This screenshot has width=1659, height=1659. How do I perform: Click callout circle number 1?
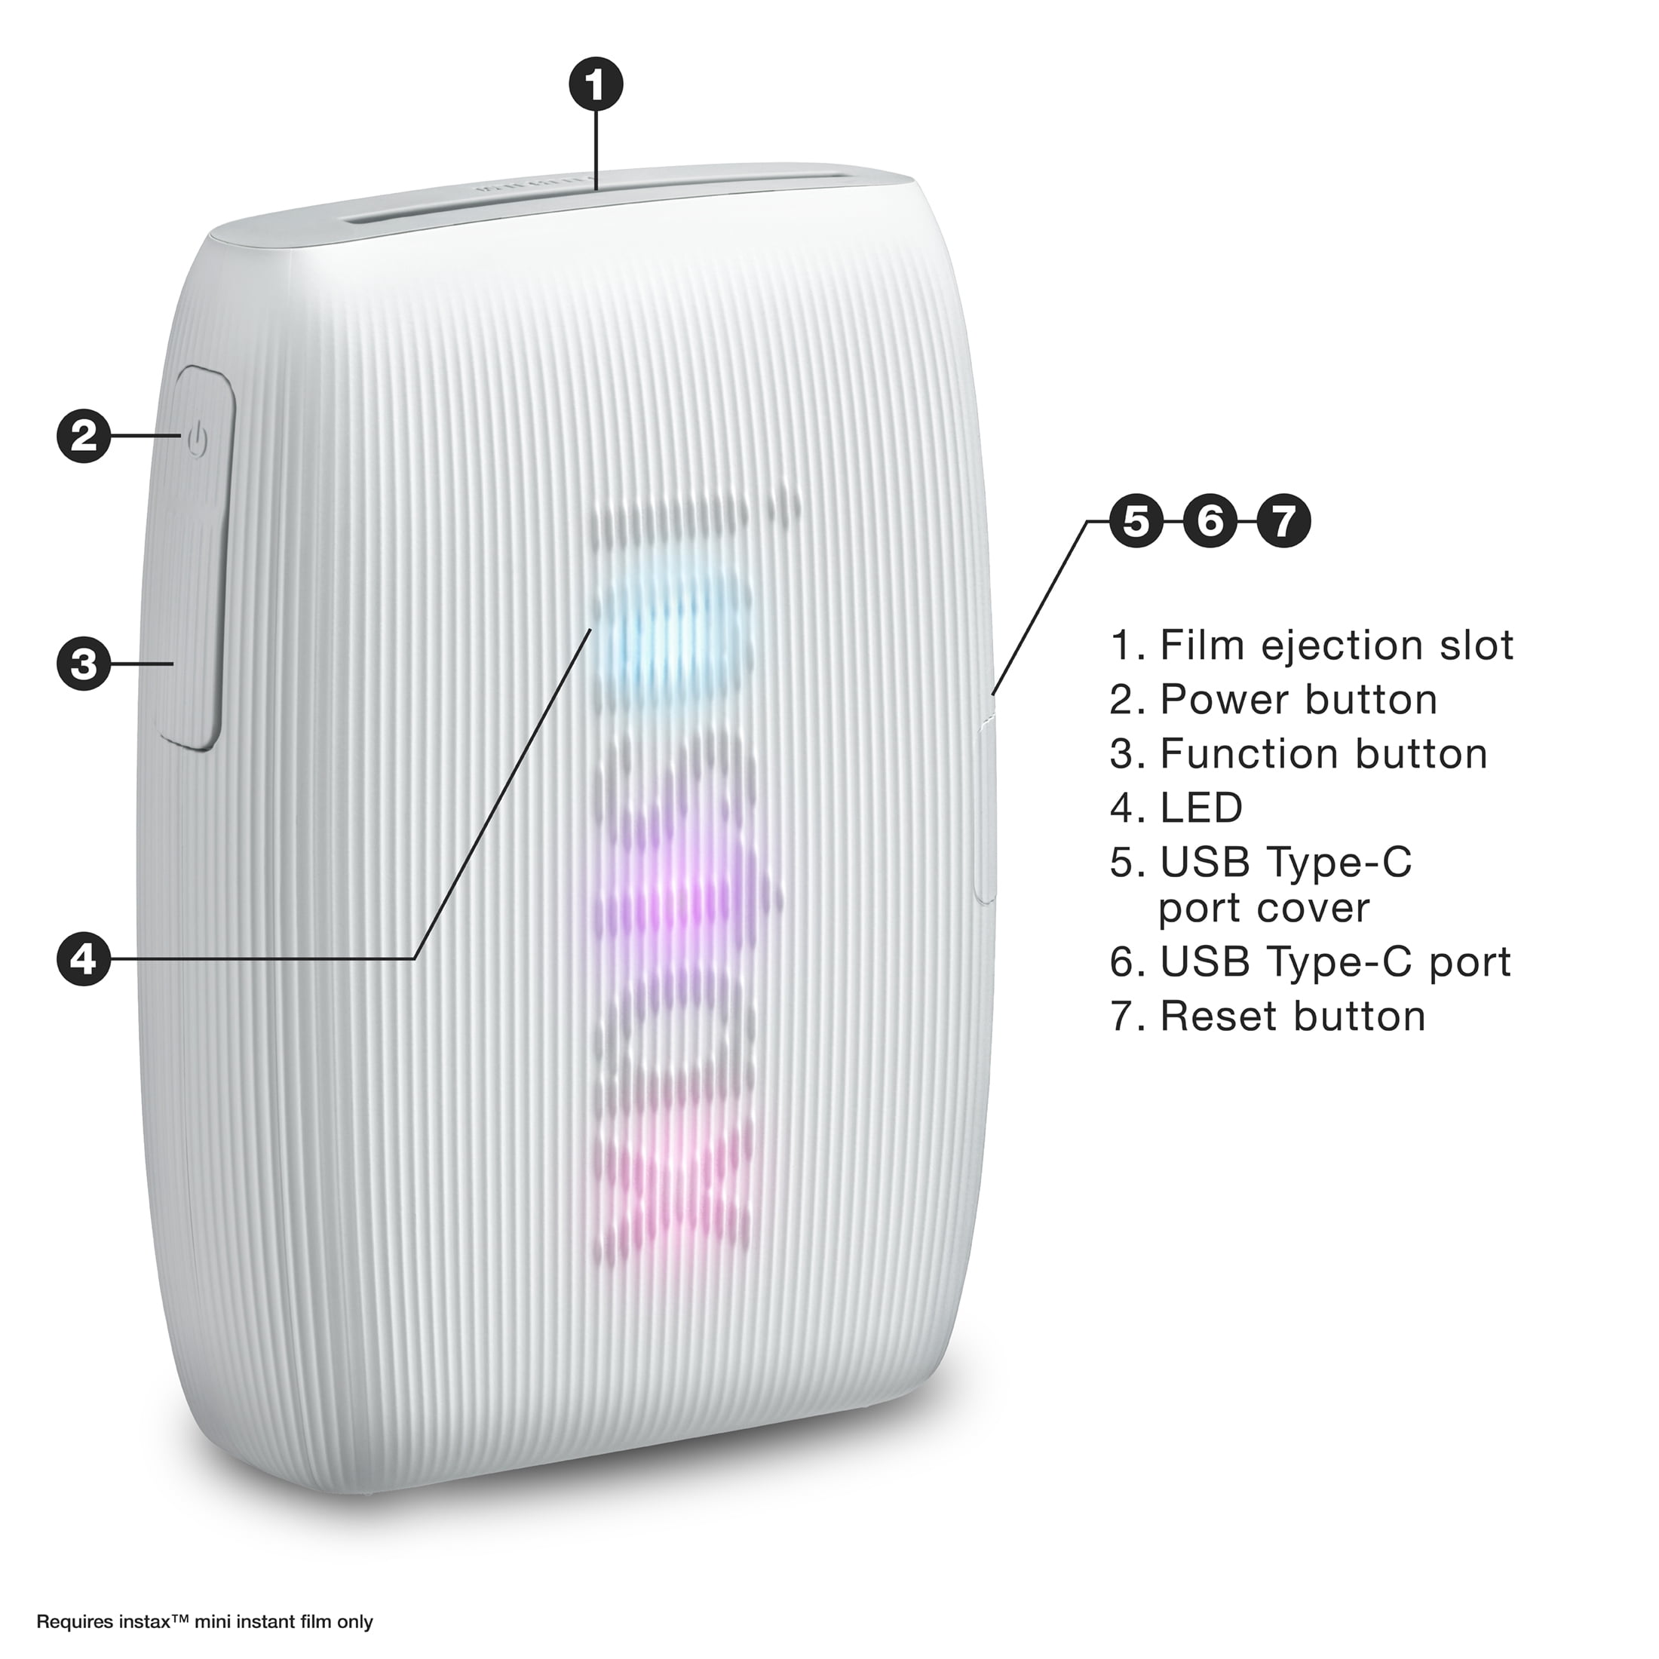click(596, 85)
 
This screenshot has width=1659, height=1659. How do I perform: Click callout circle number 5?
click(1136, 521)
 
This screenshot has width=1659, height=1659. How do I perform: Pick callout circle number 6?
click(1210, 521)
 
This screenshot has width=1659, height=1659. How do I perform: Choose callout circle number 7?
click(1283, 521)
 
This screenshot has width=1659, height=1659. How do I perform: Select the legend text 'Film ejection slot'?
click(1337, 646)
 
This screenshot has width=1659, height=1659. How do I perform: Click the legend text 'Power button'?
click(1299, 700)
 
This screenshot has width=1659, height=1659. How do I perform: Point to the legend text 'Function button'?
click(1324, 754)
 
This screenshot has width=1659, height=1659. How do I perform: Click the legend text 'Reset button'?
click(1293, 1016)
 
